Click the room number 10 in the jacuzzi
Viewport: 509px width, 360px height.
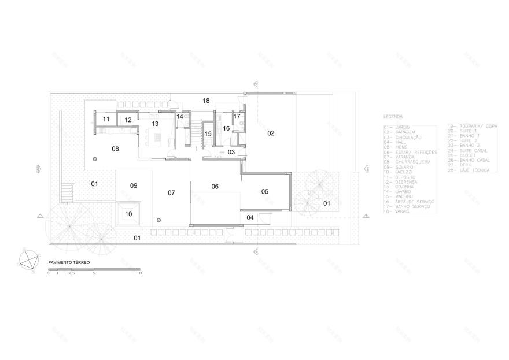tap(128, 214)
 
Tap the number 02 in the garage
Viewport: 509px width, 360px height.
tap(270, 133)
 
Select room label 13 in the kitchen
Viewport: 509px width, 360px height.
tap(154, 124)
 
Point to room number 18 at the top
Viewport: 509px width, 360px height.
tap(205, 101)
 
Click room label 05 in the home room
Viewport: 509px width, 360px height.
tap(265, 191)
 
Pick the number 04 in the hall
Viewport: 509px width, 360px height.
tap(250, 218)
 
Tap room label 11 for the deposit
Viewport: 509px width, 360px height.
tap(106, 120)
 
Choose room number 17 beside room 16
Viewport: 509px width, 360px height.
tap(237, 116)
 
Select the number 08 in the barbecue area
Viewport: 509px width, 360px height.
tap(115, 149)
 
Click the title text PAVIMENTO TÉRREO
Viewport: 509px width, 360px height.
tap(65, 263)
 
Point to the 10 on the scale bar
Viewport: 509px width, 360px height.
tap(139, 273)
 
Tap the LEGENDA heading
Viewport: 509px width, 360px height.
tap(393, 116)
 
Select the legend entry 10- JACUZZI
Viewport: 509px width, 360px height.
tap(400, 172)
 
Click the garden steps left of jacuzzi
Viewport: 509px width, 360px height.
tap(68, 192)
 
